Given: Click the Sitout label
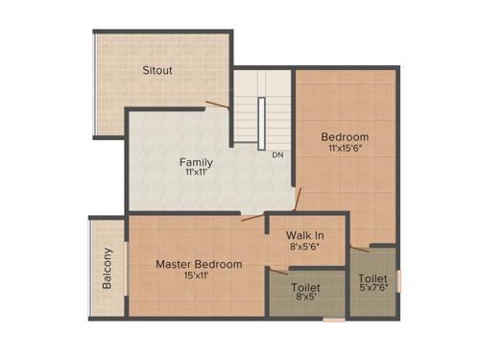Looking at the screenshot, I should [x=157, y=71].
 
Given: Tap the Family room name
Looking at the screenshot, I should [x=198, y=162].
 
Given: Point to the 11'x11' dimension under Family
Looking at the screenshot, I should [x=198, y=174].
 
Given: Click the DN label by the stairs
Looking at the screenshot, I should [x=277, y=155].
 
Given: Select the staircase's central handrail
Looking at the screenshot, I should [x=261, y=122].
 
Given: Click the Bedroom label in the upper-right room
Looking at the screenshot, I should [x=345, y=137].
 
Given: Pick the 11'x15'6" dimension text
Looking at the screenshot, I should [x=345, y=149].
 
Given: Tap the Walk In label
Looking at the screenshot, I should [x=304, y=234].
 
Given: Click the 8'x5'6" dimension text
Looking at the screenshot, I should [x=304, y=246].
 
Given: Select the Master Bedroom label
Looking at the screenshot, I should [x=199, y=264].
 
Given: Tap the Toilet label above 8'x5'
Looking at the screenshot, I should [x=305, y=287].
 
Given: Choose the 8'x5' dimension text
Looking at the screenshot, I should [x=305, y=299].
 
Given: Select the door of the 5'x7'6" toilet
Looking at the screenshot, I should [x=359, y=250].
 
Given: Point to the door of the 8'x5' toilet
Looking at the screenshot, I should [x=277, y=272].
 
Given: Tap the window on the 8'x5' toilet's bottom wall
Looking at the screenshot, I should [x=333, y=319].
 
